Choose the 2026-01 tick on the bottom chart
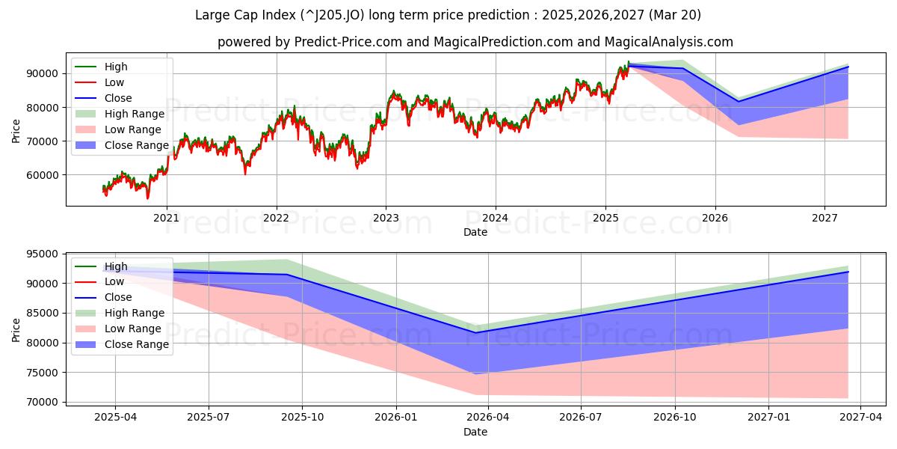pyautogui.click(x=395, y=416)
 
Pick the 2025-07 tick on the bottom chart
pyautogui.click(x=209, y=416)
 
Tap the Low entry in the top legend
pyautogui.click(x=114, y=82)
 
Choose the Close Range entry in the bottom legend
pyautogui.click(x=137, y=344)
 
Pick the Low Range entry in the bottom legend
pyautogui.click(x=133, y=329)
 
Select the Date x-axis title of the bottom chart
pyautogui.click(x=475, y=432)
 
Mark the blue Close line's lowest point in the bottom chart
pyautogui.click(x=475, y=332)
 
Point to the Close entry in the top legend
pyautogui.click(x=118, y=98)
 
